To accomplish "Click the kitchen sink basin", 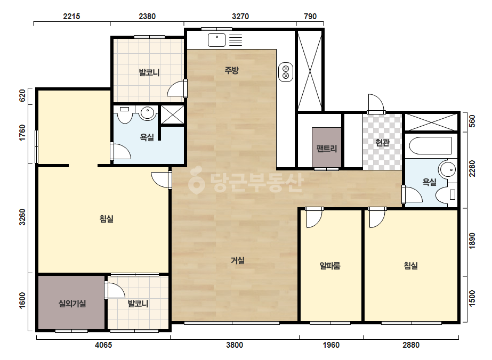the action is (216, 40).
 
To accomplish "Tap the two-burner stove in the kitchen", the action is (286, 72).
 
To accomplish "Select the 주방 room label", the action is (231, 70).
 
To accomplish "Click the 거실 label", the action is (238, 260).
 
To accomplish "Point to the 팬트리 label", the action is (327, 148).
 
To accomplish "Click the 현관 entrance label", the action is (383, 143).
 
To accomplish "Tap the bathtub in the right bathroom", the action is (430, 145).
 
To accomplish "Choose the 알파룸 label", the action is (330, 266).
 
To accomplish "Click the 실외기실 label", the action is (72, 303).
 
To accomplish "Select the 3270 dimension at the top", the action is (240, 17).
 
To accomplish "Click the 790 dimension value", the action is (310, 17).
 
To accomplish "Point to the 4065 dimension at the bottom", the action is (103, 345).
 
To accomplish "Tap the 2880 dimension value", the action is (411, 345).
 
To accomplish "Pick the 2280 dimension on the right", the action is (472, 168).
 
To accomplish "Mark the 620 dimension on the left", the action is (22, 96).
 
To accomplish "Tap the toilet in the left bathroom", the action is (125, 115).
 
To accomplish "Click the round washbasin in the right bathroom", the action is (448, 169).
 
